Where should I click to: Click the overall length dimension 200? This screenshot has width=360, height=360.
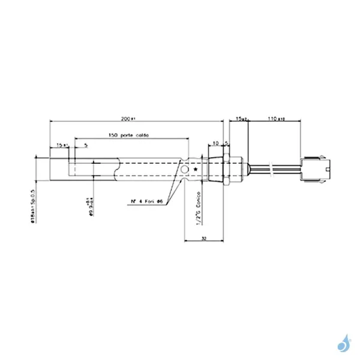tap(125, 119)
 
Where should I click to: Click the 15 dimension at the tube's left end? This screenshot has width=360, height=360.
tap(59, 145)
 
